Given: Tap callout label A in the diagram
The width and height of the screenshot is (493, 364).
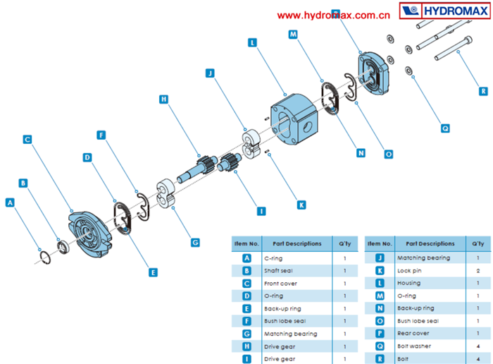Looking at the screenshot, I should click(x=10, y=202).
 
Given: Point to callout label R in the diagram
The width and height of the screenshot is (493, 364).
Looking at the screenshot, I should click(x=482, y=90).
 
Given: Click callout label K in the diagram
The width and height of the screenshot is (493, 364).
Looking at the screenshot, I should click(x=301, y=205).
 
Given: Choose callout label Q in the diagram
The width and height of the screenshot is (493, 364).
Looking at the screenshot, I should click(x=445, y=128).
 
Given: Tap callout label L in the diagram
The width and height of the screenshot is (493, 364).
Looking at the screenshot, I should click(x=252, y=42).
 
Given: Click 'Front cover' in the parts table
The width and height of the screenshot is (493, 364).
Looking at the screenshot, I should click(x=279, y=283).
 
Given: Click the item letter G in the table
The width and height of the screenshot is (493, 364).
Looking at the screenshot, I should click(x=246, y=334).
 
